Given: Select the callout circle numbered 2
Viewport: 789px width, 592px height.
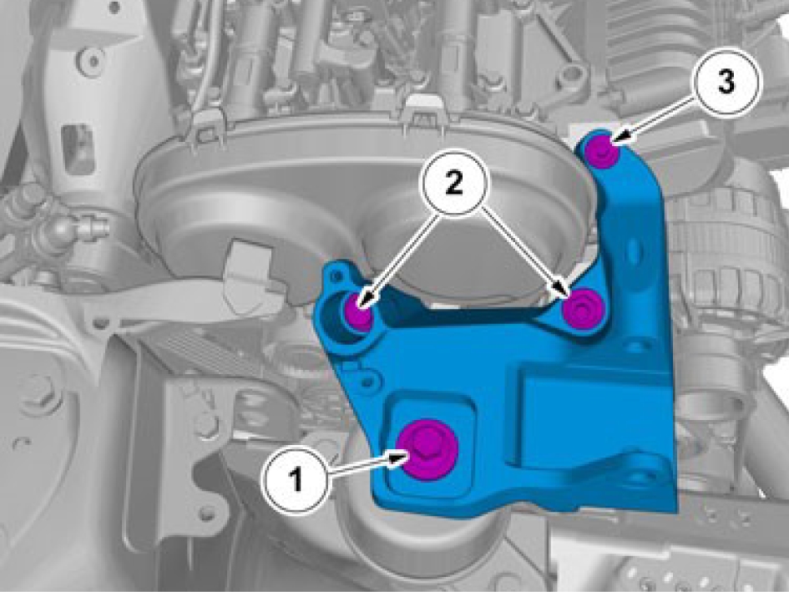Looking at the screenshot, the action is point(454,183).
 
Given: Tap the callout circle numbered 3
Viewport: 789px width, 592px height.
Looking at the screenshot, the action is point(726,82).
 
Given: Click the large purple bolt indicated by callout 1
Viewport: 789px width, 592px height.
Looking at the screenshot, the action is point(427,448).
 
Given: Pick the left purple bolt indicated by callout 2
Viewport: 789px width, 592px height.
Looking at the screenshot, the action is point(359,311).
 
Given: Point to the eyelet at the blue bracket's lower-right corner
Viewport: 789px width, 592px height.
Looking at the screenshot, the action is point(645,473).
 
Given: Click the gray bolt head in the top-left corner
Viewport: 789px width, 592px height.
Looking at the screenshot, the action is point(92,60).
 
